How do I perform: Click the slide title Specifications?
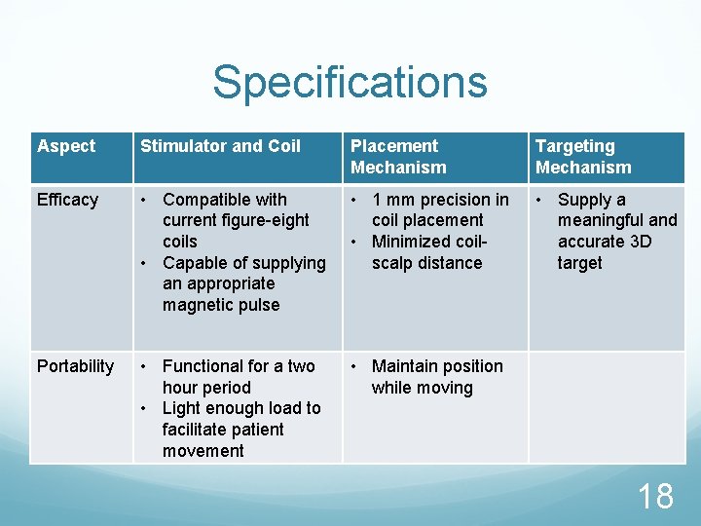click(x=350, y=82)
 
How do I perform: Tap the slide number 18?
click(x=654, y=496)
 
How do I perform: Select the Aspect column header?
click(x=66, y=146)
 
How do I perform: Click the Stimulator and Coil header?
click(x=220, y=146)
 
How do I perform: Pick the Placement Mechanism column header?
click(x=398, y=157)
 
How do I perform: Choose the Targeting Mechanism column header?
click(x=583, y=157)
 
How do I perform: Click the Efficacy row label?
click(x=67, y=200)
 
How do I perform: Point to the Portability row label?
click(x=75, y=366)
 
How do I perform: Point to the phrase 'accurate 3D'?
click(x=604, y=242)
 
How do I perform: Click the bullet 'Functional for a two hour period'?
click(x=238, y=376)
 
